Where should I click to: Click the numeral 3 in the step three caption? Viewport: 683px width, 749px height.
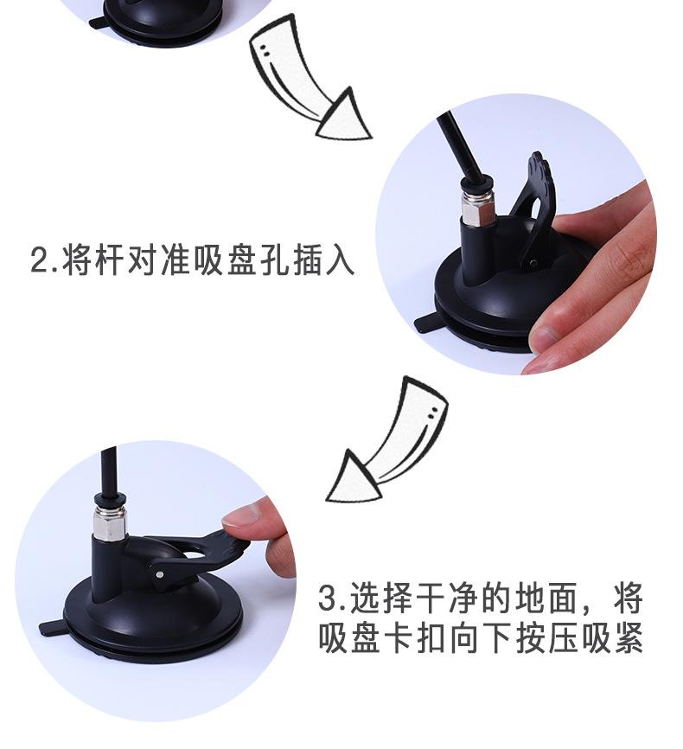pyautogui.click(x=328, y=597)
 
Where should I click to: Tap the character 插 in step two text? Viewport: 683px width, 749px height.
pyautogui.click(x=307, y=259)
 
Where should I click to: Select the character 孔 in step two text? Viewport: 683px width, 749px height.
pyautogui.click(x=274, y=259)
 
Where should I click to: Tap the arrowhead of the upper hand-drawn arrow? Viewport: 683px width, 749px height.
pyautogui.click(x=344, y=116)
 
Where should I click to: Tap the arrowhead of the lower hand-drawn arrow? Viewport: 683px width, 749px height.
pyautogui.click(x=353, y=477)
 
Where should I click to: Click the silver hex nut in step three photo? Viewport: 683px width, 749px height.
pyautogui.click(x=111, y=522)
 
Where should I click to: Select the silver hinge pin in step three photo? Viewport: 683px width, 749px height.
pyautogui.click(x=160, y=573)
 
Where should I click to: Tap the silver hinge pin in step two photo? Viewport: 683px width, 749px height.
pyautogui.click(x=533, y=262)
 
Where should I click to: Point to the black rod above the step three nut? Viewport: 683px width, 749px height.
pyautogui.click(x=110, y=474)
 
